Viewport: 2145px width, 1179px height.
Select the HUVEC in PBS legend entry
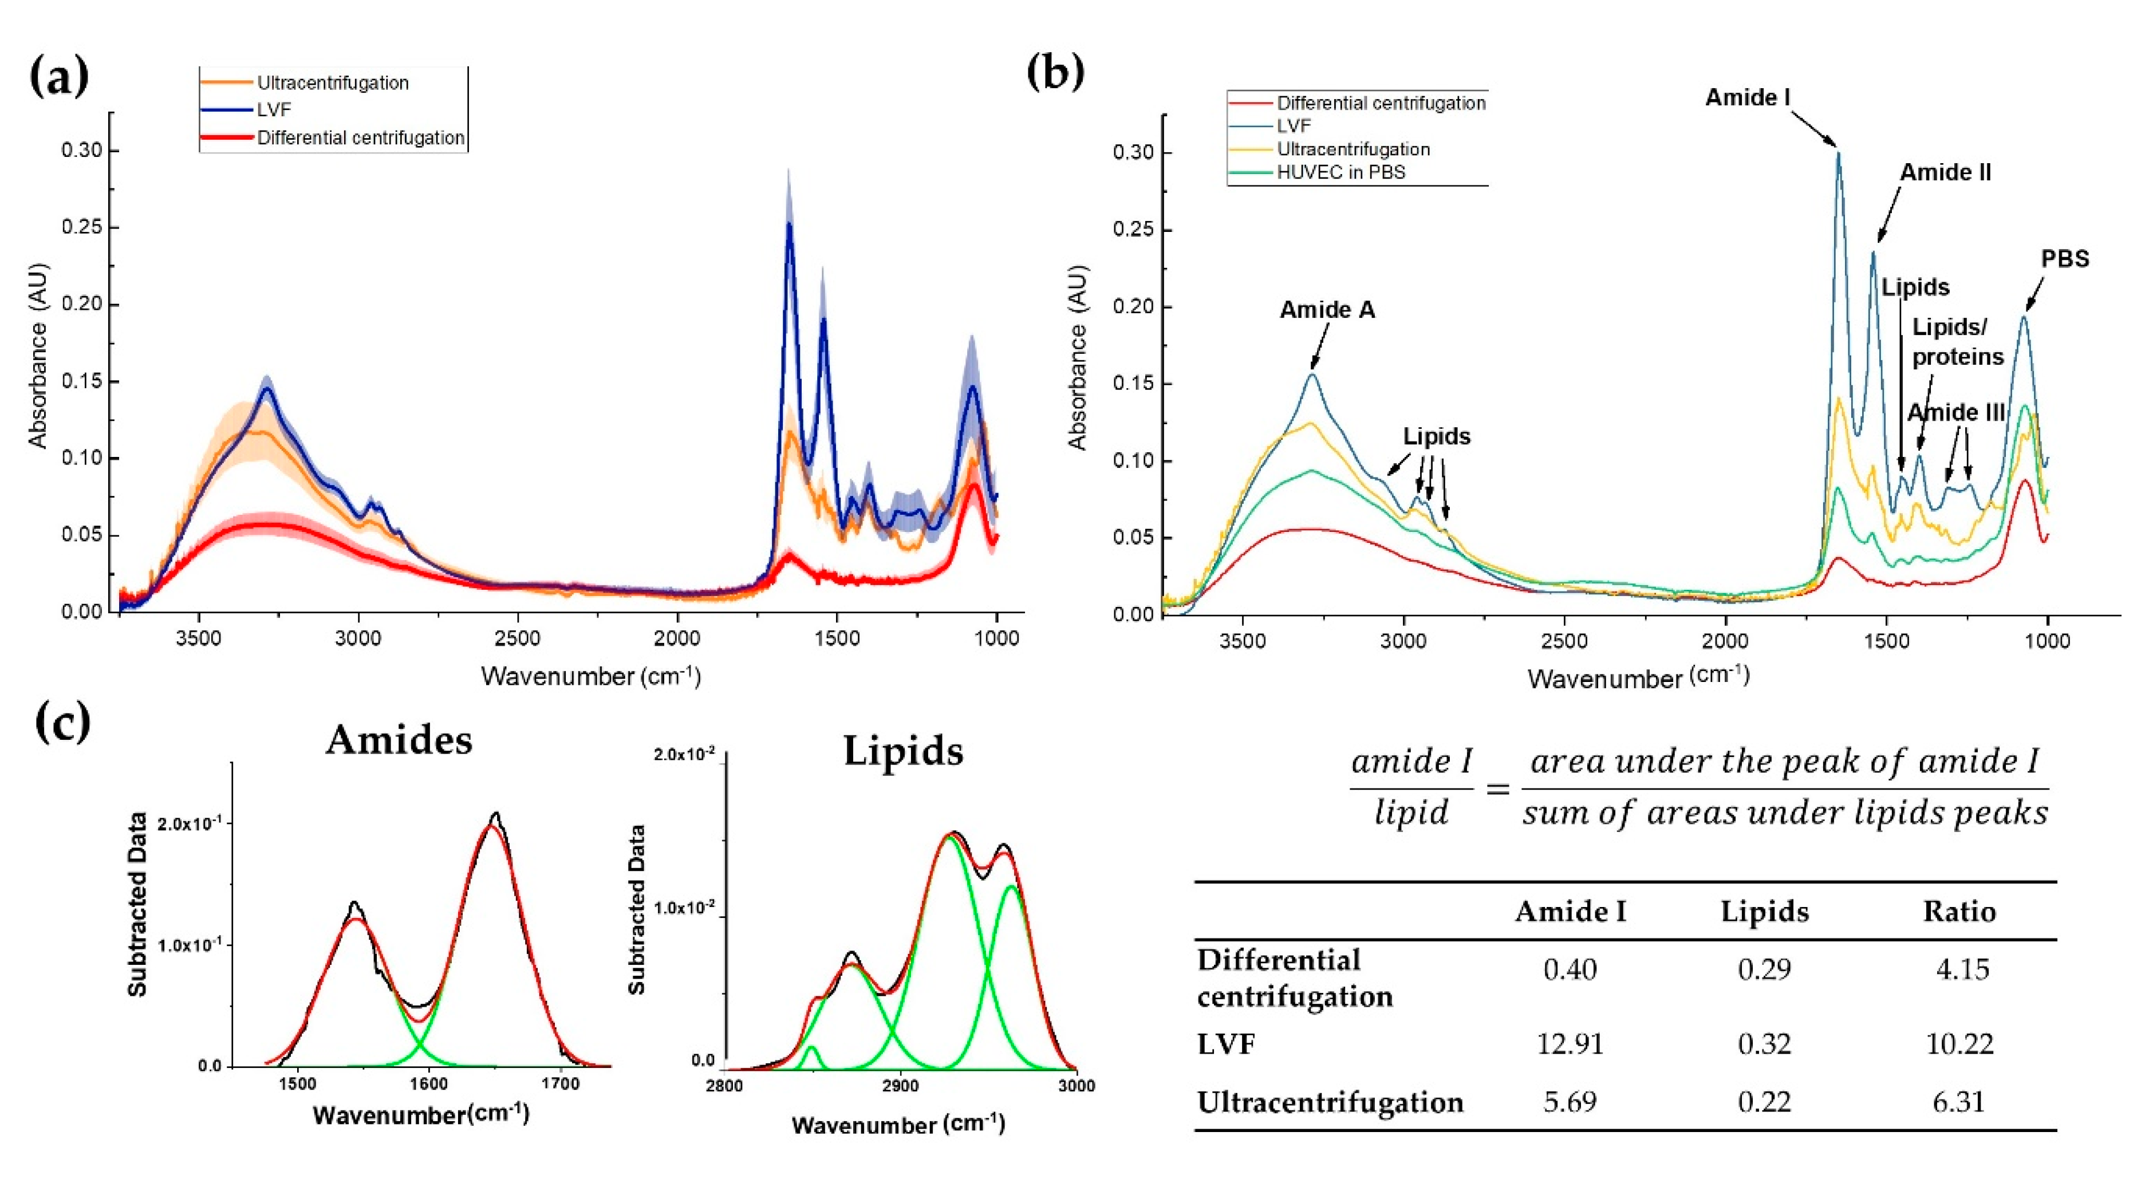coord(1340,172)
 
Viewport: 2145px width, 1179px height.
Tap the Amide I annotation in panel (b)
coord(1747,97)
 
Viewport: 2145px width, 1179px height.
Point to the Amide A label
coord(1327,310)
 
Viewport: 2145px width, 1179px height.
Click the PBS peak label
coord(2064,258)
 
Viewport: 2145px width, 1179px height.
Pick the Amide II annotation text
coord(1945,172)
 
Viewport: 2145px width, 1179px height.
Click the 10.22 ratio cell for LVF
coord(1959,1043)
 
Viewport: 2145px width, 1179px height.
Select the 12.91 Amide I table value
coord(1570,1043)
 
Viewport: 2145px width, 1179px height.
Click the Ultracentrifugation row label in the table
coord(1330,1102)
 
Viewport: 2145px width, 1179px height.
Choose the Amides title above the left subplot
coord(399,739)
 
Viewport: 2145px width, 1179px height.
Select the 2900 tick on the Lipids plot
coord(900,1086)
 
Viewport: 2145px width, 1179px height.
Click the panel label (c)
coord(62,722)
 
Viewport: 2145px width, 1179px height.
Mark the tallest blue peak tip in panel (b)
coord(1838,154)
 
